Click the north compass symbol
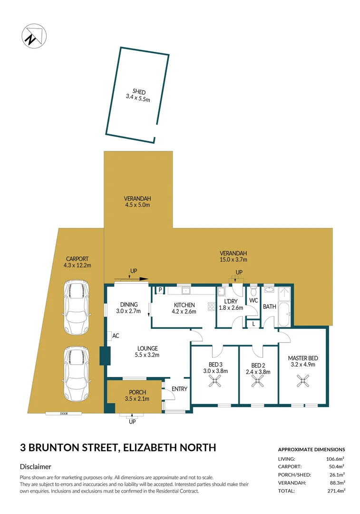33,36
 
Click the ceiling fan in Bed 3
216,380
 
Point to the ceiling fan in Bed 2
258,380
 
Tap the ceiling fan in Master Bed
302,380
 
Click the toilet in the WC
253,291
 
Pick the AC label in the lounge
116,336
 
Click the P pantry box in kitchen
160,290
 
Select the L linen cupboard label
253,324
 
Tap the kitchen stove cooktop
211,306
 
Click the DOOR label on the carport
64,414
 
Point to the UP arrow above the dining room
134,271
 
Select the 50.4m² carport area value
336,466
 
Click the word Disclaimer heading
36,467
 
